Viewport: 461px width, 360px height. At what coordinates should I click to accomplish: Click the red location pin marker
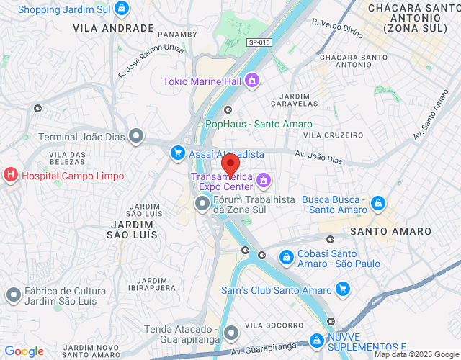click(x=228, y=164)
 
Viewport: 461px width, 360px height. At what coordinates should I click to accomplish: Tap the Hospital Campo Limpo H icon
click(x=11, y=175)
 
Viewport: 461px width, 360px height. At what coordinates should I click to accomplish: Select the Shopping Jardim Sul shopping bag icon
click(x=122, y=9)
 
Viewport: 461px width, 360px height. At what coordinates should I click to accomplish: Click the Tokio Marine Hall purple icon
click(x=251, y=81)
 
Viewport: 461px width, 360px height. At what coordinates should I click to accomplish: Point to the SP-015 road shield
click(x=259, y=42)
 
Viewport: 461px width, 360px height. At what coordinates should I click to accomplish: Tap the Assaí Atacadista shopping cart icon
click(x=177, y=153)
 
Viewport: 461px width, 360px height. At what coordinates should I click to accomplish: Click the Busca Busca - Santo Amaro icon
click(x=379, y=204)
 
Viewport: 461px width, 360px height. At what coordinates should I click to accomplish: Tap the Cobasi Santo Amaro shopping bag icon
click(x=286, y=256)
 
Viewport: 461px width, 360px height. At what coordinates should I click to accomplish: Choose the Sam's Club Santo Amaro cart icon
click(x=343, y=289)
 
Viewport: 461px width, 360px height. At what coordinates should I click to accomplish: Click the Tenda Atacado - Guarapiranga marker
click(x=231, y=333)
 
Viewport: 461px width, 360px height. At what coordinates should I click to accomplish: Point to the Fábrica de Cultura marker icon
click(x=13, y=294)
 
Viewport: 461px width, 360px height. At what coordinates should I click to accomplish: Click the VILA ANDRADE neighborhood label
click(x=114, y=28)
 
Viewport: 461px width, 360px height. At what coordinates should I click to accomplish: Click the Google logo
click(x=24, y=351)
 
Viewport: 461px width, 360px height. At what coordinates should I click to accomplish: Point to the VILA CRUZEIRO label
click(x=334, y=135)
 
